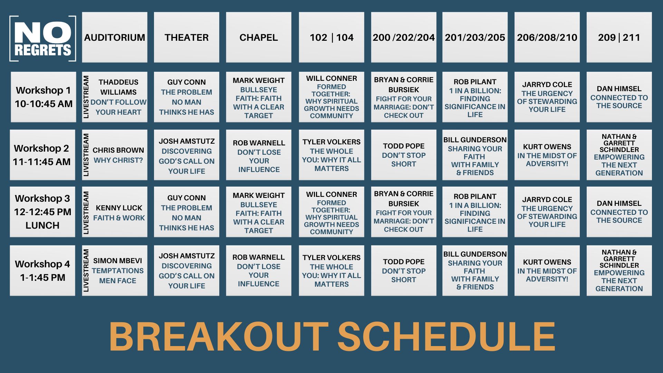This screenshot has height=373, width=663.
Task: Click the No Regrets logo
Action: click(x=43, y=38)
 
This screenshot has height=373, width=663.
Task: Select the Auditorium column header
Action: click(x=115, y=37)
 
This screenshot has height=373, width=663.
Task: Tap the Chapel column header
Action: click(x=259, y=37)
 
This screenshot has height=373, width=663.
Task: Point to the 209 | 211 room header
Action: click(x=619, y=37)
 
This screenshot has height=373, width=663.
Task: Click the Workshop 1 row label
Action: click(x=44, y=97)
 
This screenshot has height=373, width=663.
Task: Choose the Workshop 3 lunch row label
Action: click(x=42, y=212)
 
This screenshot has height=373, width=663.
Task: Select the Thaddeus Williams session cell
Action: click(x=115, y=97)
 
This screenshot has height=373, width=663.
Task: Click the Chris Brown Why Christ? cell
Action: click(x=115, y=155)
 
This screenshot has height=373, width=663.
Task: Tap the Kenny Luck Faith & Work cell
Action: click(x=115, y=212)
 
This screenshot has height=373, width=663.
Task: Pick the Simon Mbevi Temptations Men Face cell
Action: click(x=115, y=270)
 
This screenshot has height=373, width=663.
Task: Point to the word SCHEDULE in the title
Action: click(x=446, y=336)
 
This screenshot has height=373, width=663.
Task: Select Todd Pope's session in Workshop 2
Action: click(x=404, y=155)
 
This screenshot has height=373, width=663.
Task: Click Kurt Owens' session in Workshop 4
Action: click(x=547, y=270)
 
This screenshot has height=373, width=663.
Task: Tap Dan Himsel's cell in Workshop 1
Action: click(x=619, y=97)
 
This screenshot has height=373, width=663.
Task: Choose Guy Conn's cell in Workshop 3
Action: click(x=186, y=212)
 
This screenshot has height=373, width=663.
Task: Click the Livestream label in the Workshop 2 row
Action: click(x=86, y=155)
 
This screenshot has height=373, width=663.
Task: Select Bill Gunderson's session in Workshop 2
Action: click(x=475, y=155)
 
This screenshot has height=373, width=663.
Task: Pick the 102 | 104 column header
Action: click(x=331, y=37)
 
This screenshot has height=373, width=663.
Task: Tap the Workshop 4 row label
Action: click(x=42, y=270)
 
